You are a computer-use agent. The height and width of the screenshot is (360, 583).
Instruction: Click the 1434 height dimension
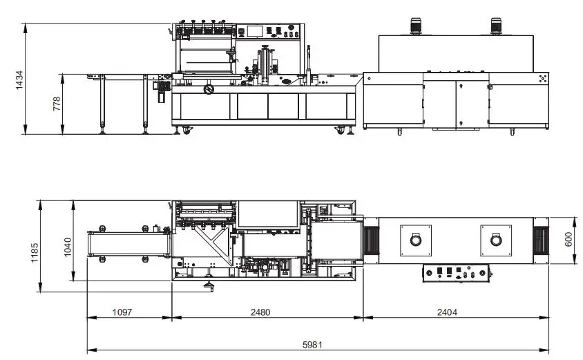tap(20, 79)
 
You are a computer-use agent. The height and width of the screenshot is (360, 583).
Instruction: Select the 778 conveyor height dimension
tap(57, 104)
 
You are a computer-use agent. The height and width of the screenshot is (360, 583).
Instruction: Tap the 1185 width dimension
tap(35, 253)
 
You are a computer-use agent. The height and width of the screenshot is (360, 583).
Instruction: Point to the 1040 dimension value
tap(68, 247)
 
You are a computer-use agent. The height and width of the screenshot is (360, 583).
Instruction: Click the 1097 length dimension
tap(122, 312)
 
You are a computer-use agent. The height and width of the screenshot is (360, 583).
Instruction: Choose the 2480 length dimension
tap(260, 312)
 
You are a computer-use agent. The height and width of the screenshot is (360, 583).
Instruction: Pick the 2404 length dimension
tap(447, 312)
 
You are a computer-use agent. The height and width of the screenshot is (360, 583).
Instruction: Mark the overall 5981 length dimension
tap(312, 345)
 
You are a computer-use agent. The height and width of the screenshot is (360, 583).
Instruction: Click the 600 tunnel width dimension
tap(568, 239)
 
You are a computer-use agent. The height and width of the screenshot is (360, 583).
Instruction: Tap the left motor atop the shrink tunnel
tap(415, 26)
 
